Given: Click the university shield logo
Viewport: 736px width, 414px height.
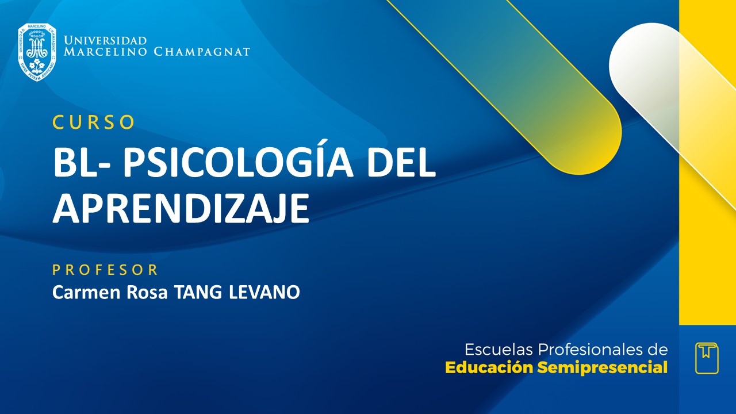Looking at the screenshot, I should point(37,52).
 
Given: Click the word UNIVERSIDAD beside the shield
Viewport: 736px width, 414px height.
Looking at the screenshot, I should point(105,41).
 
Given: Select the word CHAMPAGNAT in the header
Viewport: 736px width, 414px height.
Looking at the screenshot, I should point(202,52).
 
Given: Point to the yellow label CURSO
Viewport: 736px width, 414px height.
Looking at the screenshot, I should point(94,122).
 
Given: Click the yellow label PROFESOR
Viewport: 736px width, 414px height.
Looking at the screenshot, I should point(105,270).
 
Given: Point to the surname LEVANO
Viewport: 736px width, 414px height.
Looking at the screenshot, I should point(264,292).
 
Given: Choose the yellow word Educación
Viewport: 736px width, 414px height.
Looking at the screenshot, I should point(489,368).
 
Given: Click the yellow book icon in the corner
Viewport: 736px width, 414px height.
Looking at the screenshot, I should point(707,358).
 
